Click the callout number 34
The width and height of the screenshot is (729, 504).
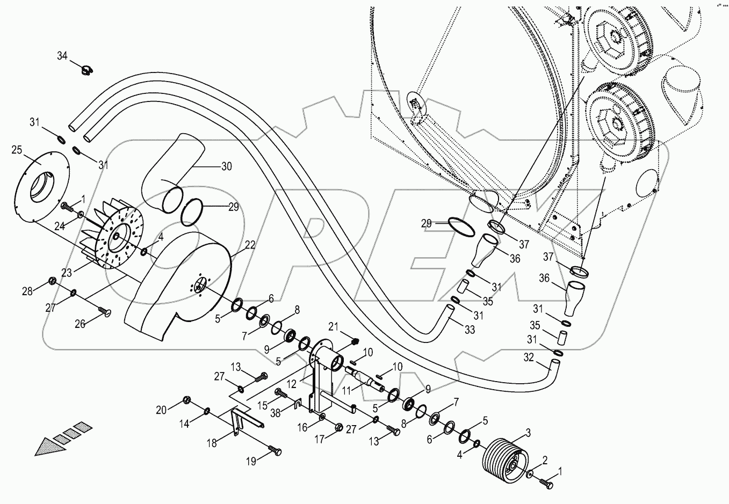(x=63, y=55)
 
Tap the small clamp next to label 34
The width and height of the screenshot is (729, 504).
(x=85, y=69)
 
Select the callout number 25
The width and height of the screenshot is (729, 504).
(x=17, y=150)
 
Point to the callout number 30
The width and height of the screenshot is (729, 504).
(x=226, y=166)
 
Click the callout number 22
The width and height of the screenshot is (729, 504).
(x=250, y=245)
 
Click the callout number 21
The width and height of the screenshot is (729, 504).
(x=334, y=327)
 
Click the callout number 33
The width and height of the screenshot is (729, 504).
(x=469, y=331)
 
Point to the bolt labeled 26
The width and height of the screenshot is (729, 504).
(x=104, y=311)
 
